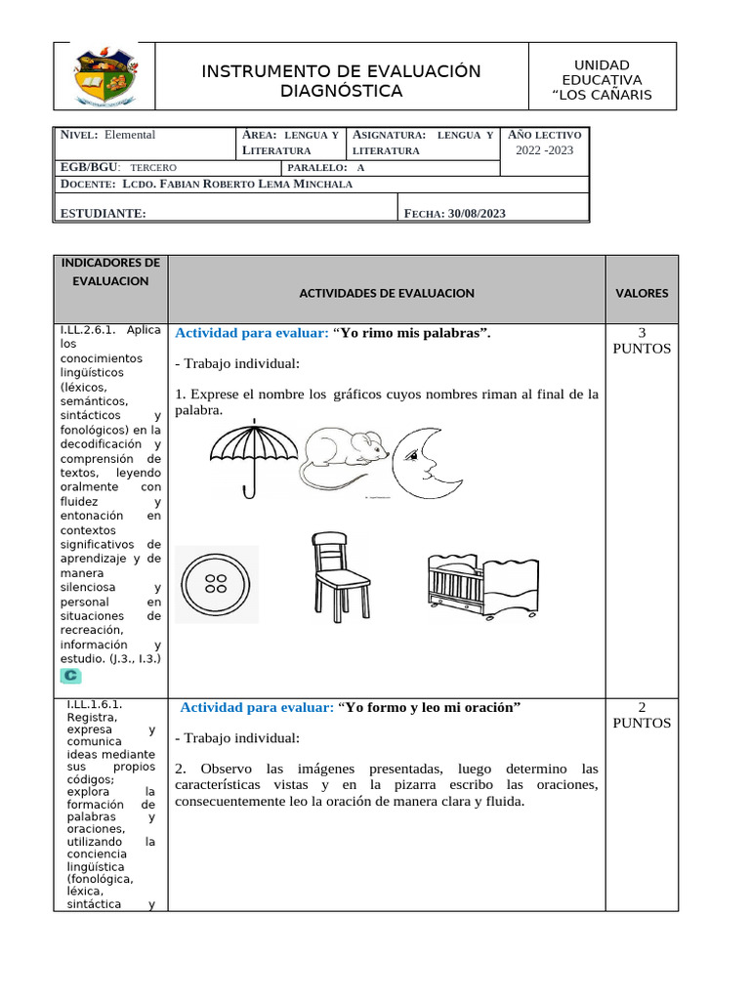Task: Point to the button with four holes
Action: (x=217, y=584)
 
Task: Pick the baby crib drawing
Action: (x=480, y=584)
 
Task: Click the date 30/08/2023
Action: (x=477, y=214)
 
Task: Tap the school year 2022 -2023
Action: (x=545, y=150)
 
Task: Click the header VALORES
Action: (x=642, y=293)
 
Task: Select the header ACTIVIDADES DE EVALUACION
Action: (x=386, y=293)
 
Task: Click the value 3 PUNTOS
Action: (x=642, y=341)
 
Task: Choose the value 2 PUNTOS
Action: (x=642, y=715)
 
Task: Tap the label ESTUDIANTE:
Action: (x=104, y=214)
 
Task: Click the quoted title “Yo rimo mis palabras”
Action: (x=412, y=333)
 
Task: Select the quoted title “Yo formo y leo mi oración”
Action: (x=430, y=707)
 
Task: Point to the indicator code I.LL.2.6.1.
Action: (x=91, y=329)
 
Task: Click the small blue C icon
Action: (x=70, y=676)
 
